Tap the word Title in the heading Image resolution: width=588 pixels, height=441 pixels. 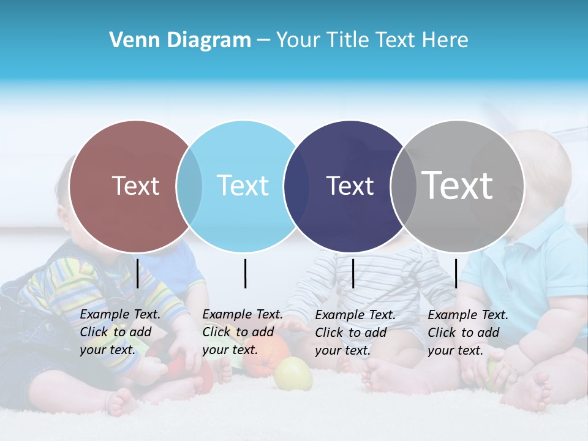click(x=347, y=40)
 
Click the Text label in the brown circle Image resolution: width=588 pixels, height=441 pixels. click(x=135, y=186)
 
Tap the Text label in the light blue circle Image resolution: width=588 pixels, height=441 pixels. click(x=243, y=186)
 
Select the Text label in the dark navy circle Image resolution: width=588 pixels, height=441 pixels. click(x=350, y=186)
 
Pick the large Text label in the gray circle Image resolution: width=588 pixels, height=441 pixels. click(x=457, y=185)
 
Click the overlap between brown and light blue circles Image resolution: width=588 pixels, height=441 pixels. click(x=189, y=186)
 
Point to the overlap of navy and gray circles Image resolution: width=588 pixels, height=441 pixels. click(x=403, y=186)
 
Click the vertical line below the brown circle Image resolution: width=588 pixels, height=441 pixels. click(x=138, y=273)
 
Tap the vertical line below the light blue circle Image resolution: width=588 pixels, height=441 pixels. click(x=245, y=273)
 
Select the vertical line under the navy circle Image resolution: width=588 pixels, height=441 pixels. click(x=353, y=273)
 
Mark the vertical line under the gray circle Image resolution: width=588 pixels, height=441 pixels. click(x=456, y=273)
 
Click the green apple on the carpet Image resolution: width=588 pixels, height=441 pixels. click(x=293, y=374)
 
